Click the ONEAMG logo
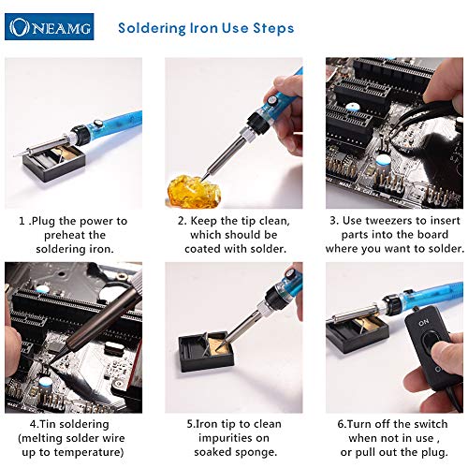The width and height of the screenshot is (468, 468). click(x=50, y=27)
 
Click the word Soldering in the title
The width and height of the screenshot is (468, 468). click(x=152, y=28)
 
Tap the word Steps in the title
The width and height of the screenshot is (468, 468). click(x=273, y=28)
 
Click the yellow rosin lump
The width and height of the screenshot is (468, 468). click(x=194, y=191)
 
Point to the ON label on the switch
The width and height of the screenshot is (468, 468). click(x=423, y=323)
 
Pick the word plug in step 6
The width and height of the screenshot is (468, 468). click(x=435, y=452)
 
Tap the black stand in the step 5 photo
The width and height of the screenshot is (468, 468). click(x=206, y=350)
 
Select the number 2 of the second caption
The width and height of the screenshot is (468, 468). click(x=182, y=221)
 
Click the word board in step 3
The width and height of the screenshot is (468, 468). click(x=432, y=235)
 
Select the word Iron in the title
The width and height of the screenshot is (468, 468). click(x=203, y=28)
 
